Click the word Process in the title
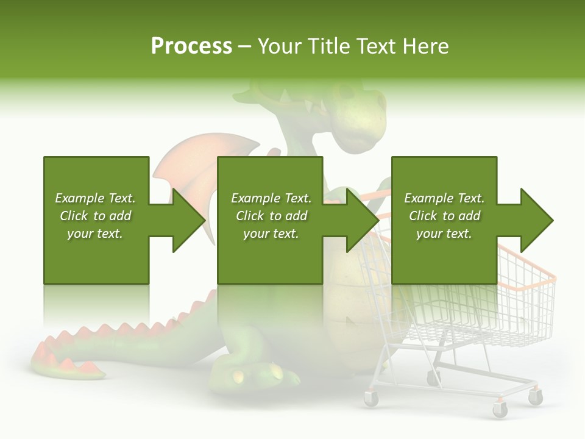191,46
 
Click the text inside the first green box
95,216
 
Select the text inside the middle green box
271,216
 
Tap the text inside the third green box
444,216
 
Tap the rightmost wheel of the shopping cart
535,397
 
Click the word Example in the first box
80,198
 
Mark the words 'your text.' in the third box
444,234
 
